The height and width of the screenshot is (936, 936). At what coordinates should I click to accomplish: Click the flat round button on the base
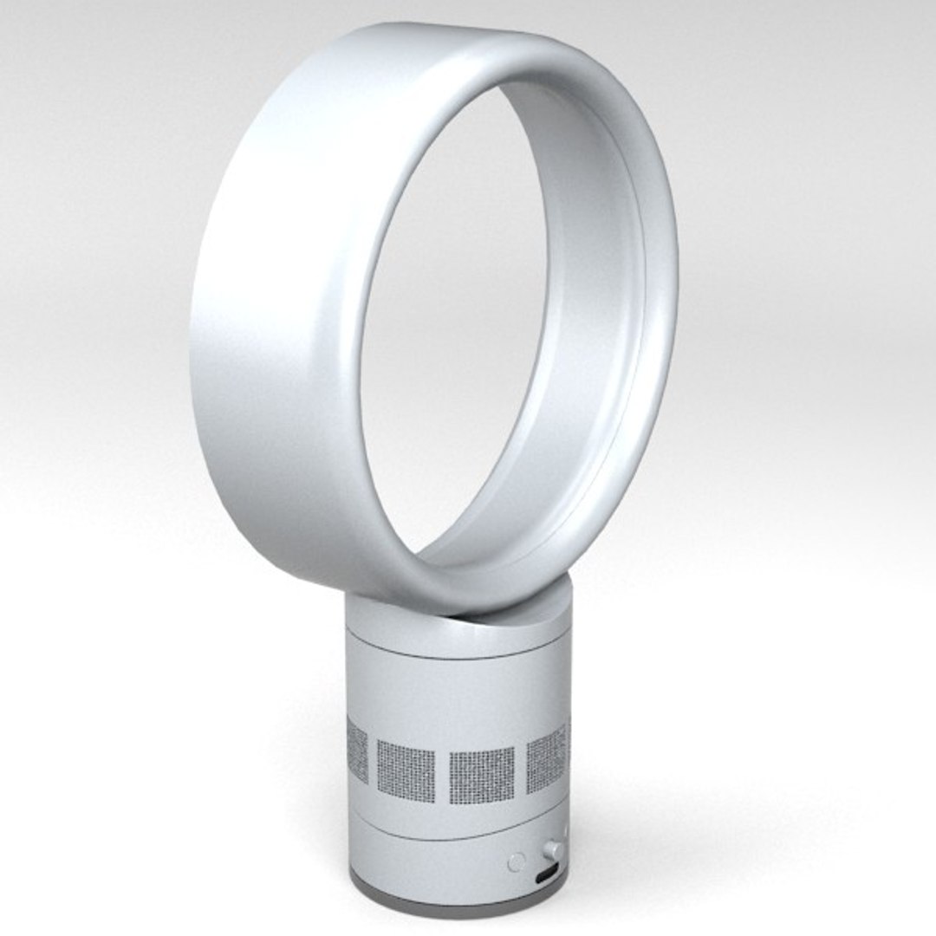coord(517,861)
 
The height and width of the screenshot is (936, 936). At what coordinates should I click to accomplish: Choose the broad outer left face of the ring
coord(260,347)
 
